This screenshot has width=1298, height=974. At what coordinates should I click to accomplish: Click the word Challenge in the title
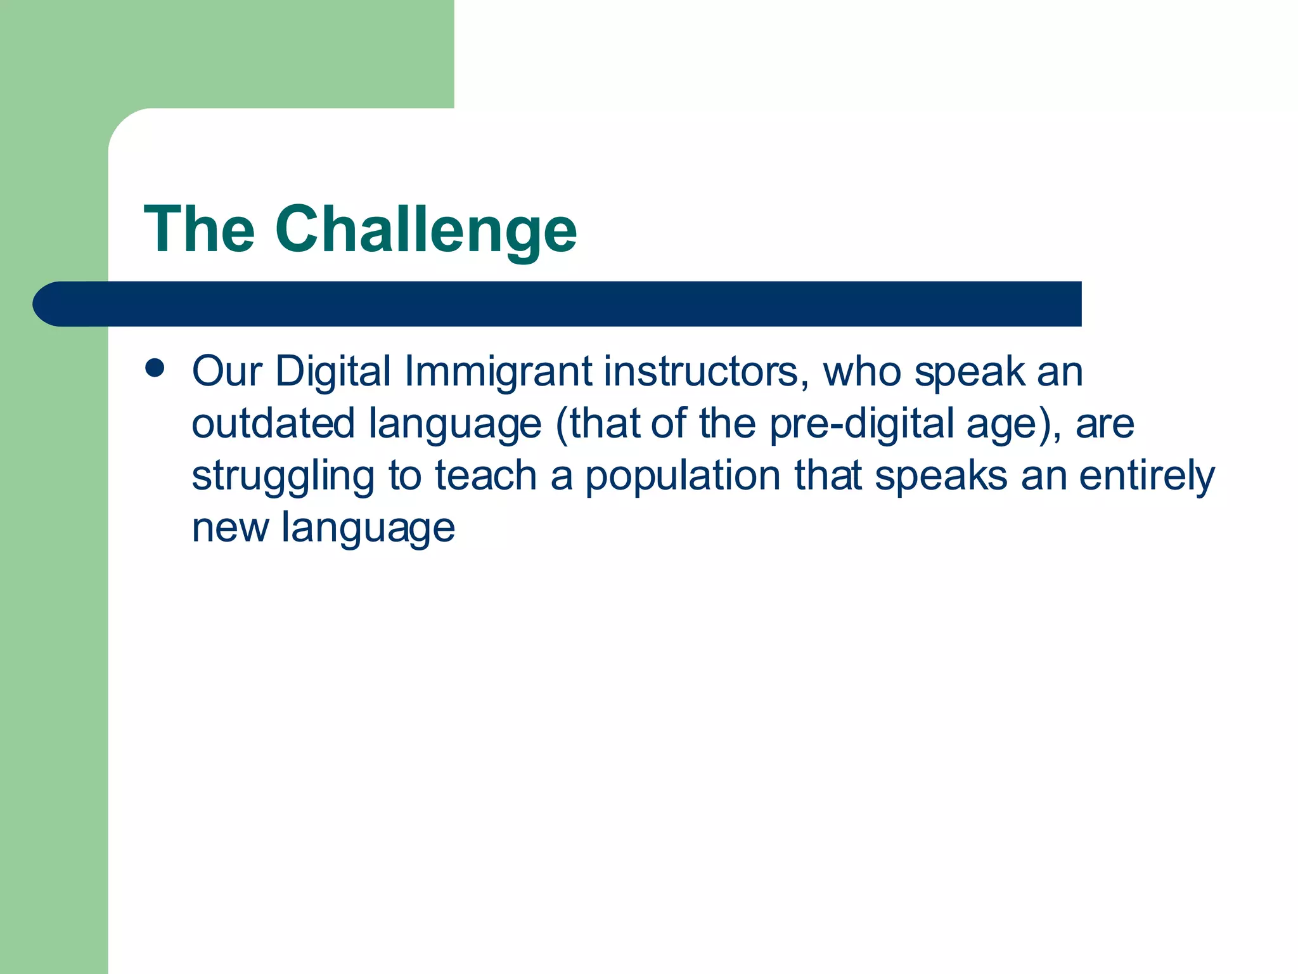coord(426,230)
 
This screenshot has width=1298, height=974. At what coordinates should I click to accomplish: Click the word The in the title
coord(200,230)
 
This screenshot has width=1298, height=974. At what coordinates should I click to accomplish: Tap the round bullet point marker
coord(155,368)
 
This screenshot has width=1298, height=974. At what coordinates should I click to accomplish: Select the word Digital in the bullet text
coord(333,372)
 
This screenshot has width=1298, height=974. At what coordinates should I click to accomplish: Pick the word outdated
coord(273,424)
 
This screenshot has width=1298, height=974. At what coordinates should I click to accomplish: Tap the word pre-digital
coord(861,424)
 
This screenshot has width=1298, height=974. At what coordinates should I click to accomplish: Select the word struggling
coord(283,477)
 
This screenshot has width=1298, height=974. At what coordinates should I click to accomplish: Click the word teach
coord(485,476)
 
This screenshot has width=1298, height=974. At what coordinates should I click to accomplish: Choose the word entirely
coord(1147,477)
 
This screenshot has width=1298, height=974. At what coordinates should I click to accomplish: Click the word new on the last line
coord(230,529)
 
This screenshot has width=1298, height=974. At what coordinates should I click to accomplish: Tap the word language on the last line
coord(368,529)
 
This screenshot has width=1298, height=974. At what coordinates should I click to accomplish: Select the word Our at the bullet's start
coord(227,372)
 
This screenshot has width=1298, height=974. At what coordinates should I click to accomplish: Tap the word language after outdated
coord(455,425)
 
